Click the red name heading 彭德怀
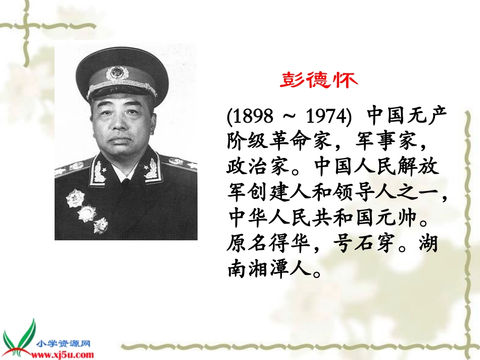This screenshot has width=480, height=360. (319, 81)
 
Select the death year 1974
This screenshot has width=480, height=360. (326, 116)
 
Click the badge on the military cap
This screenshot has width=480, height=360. (118, 72)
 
